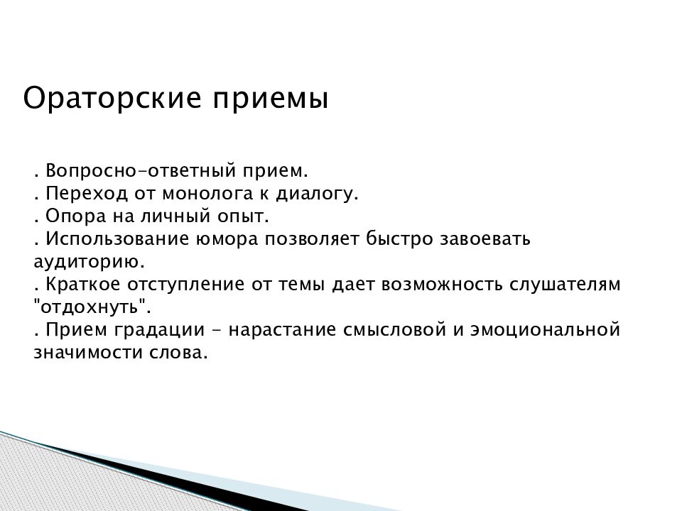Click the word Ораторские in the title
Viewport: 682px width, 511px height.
pyautogui.click(x=112, y=99)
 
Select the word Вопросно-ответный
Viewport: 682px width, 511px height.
pyautogui.click(x=141, y=171)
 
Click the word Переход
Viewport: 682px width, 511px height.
pyautogui.click(x=87, y=193)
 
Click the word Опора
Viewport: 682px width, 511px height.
pyautogui.click(x=76, y=216)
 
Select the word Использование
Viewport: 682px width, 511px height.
pyautogui.click(x=117, y=238)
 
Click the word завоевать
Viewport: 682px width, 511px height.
pyautogui.click(x=485, y=239)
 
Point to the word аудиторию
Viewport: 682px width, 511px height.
pyautogui.click(x=90, y=263)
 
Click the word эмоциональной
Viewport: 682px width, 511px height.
pyautogui.click(x=545, y=329)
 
